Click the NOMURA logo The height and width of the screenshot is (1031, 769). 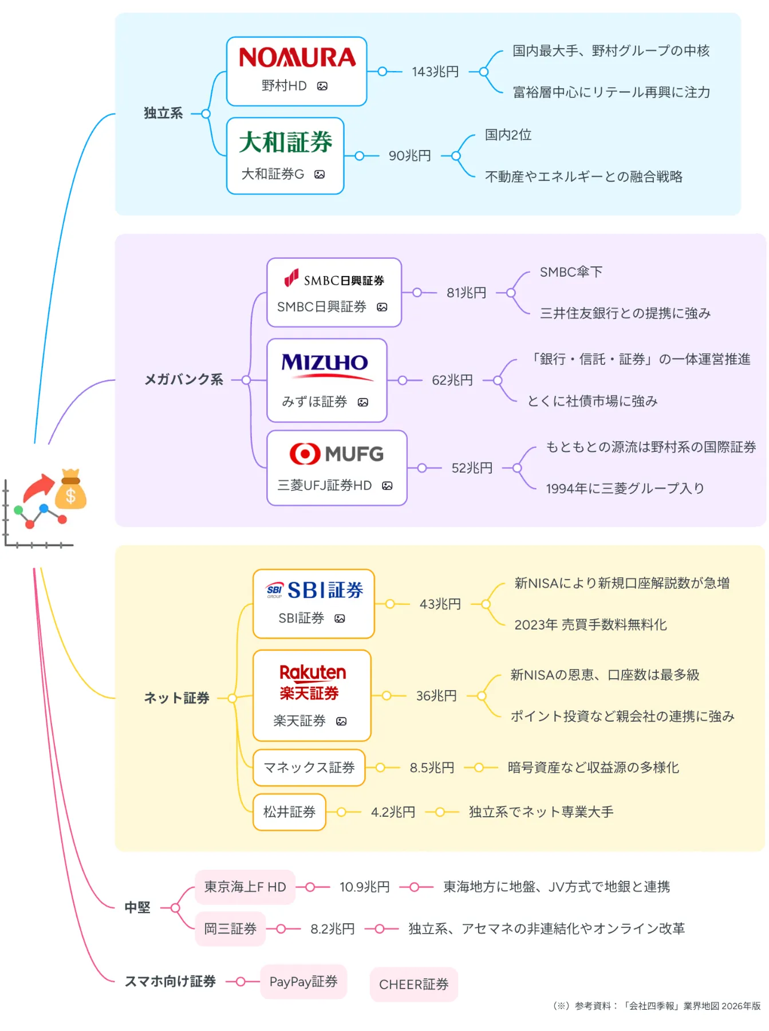297,58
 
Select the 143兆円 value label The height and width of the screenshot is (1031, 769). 435,72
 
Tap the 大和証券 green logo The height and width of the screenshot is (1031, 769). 286,142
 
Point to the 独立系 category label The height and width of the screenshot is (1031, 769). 163,113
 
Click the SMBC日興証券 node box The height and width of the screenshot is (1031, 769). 334,293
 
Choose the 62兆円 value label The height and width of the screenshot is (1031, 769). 452,380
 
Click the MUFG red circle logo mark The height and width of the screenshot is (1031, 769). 305,454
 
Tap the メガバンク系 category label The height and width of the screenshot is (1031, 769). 184,380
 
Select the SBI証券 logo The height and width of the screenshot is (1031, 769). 314,590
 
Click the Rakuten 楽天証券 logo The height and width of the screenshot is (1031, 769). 313,682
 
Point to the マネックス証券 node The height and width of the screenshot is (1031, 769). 309,768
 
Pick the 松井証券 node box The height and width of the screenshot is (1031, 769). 289,812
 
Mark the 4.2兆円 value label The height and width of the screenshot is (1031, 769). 393,812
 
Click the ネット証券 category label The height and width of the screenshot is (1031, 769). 176,698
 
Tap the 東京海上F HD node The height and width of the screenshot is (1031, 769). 245,887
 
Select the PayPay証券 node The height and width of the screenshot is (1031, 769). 303,982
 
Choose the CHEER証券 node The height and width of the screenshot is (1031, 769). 413,985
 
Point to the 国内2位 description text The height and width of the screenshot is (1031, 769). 508,135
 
